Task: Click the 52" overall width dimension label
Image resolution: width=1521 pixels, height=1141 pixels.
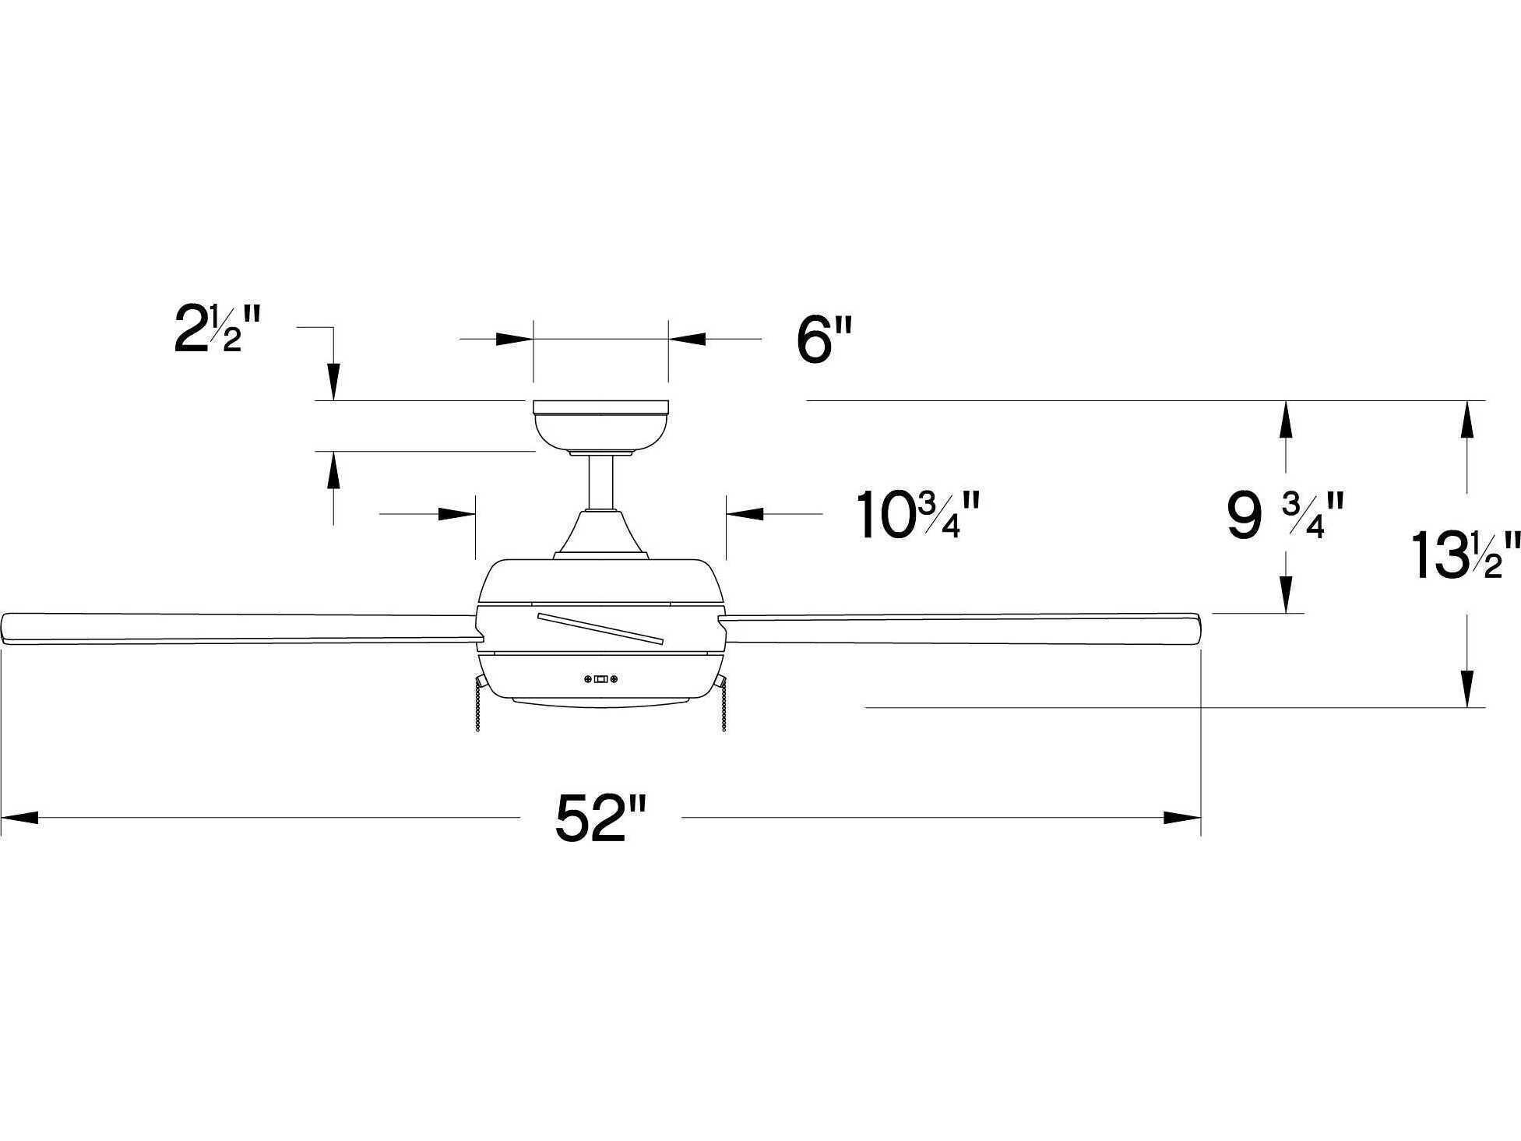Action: (x=600, y=818)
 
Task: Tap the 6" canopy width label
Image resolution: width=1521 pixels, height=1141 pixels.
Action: (x=824, y=340)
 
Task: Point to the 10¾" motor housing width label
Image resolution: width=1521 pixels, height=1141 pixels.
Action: (x=917, y=515)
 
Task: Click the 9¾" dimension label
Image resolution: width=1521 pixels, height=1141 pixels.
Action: (x=1285, y=515)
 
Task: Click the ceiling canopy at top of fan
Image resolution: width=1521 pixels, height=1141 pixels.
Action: (x=600, y=424)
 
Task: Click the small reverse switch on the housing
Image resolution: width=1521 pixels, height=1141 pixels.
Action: (x=601, y=680)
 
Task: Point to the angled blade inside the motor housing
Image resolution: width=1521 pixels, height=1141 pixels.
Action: (x=600, y=628)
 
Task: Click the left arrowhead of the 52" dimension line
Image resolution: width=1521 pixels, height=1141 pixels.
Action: (x=19, y=818)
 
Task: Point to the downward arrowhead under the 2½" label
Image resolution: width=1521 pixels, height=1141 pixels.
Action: (x=333, y=382)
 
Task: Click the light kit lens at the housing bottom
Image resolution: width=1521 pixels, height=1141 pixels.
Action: (x=600, y=703)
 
